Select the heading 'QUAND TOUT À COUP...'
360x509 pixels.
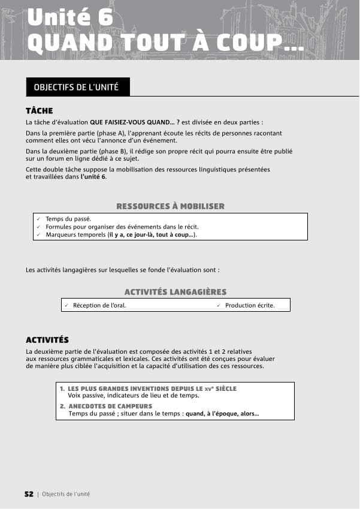tap(165, 42)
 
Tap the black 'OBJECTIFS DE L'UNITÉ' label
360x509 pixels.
tap(76, 88)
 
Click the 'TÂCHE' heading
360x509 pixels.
tap(40, 111)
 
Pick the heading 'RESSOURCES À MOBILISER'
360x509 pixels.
tap(170, 206)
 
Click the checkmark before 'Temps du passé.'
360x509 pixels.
tap(38, 219)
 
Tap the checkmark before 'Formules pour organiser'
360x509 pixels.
tap(38, 227)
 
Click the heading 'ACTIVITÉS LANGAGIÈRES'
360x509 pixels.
tap(175, 292)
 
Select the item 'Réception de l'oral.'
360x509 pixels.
tap(99, 305)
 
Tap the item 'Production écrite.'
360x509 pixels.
tap(250, 305)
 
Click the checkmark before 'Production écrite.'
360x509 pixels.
tap(219, 305)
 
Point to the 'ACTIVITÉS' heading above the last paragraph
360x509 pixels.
tap(47, 340)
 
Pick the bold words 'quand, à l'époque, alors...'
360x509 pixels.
tap(222, 414)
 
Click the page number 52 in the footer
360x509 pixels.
tap(29, 494)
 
